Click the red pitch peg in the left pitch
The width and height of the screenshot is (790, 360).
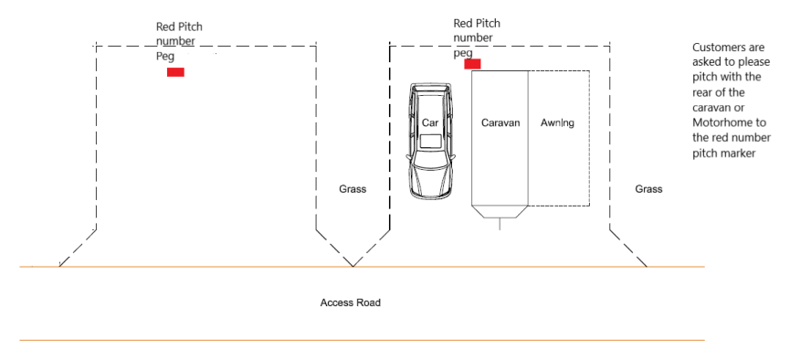pyautogui.click(x=176, y=72)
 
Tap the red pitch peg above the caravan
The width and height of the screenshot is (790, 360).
pyautogui.click(x=472, y=64)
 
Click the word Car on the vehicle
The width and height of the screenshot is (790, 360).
pyautogui.click(x=430, y=122)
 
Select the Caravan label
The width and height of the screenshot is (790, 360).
pyautogui.click(x=500, y=122)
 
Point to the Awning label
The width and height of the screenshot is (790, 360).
pyautogui.click(x=557, y=122)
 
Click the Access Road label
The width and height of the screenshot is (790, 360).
pyautogui.click(x=350, y=302)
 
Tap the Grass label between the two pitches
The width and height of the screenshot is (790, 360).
pyautogui.click(x=353, y=189)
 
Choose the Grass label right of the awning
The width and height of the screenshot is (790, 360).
pyautogui.click(x=648, y=189)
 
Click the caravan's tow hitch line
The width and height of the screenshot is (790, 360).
pyautogui.click(x=500, y=225)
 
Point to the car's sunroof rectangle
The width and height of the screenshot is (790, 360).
pyautogui.click(x=432, y=142)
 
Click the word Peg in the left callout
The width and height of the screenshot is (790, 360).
pyautogui.click(x=165, y=57)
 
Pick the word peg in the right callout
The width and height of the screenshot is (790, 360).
pyautogui.click(x=463, y=53)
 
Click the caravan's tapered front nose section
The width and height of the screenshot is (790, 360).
pyautogui.click(x=500, y=212)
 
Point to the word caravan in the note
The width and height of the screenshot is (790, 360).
pyautogui.click(x=711, y=108)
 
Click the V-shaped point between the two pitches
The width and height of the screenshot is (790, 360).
pyautogui.click(x=353, y=266)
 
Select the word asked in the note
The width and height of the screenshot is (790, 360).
pyautogui.click(x=705, y=62)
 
